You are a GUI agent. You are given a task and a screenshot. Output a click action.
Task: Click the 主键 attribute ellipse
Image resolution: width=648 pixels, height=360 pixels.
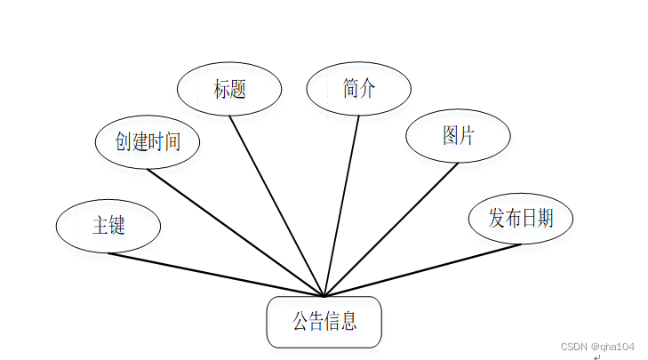pos(108,226)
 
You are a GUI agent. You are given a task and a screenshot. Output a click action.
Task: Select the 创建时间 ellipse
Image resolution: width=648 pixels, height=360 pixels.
pos(147,141)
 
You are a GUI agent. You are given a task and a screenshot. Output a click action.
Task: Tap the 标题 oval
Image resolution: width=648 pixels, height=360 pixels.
pos(228,89)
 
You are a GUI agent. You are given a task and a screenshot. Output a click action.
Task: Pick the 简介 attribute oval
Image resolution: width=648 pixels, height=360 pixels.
pos(358,88)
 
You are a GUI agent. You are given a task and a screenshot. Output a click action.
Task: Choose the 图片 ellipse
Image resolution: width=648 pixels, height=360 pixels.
pos(458,136)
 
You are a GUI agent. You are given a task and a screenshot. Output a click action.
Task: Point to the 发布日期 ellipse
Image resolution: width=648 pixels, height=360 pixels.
pos(520,218)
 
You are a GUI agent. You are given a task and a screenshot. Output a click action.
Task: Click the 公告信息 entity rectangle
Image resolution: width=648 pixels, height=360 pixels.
pos(324,322)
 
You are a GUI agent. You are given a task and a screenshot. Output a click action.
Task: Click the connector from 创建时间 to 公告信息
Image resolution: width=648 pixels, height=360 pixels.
pos(236,232)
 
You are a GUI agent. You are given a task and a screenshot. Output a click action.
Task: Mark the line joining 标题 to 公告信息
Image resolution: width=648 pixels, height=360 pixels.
pos(276,205)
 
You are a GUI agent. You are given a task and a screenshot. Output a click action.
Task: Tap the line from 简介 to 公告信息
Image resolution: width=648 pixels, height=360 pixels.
pos(342,205)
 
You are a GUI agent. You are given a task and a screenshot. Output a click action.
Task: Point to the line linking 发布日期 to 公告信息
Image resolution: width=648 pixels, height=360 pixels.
pos(422,270)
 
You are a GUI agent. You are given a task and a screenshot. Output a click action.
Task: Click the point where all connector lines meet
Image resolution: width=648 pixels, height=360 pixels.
pos(324,296)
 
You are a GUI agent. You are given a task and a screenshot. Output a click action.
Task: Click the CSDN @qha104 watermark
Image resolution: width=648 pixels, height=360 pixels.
pos(597,346)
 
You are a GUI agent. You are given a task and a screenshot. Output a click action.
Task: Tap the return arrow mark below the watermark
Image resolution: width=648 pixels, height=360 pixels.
pos(597,356)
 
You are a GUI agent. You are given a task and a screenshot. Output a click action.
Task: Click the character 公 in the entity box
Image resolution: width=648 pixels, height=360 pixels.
pos(300,321)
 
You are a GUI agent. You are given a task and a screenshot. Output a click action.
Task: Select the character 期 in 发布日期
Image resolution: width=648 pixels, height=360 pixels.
pos(544,218)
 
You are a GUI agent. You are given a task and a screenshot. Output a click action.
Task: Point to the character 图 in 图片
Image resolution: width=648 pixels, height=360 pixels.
pos(451,136)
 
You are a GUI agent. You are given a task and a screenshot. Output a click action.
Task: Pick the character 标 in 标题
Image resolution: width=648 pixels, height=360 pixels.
pos(221,89)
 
